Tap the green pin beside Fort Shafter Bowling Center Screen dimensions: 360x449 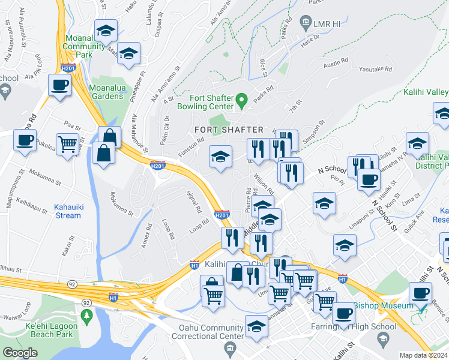[242, 100]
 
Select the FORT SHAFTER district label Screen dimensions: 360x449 [229, 130]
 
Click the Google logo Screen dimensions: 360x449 [20, 353]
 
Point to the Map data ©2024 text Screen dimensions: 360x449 [424, 355]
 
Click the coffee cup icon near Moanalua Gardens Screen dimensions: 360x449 [59, 85]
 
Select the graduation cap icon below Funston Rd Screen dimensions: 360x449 [221, 157]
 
